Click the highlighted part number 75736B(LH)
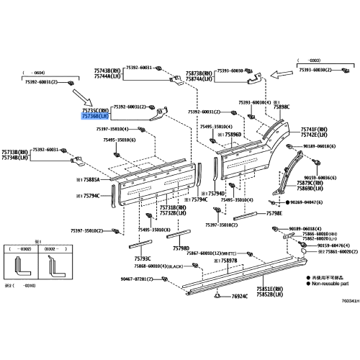click(94, 114)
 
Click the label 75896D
click(238, 134)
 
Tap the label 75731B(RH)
click(172, 207)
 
